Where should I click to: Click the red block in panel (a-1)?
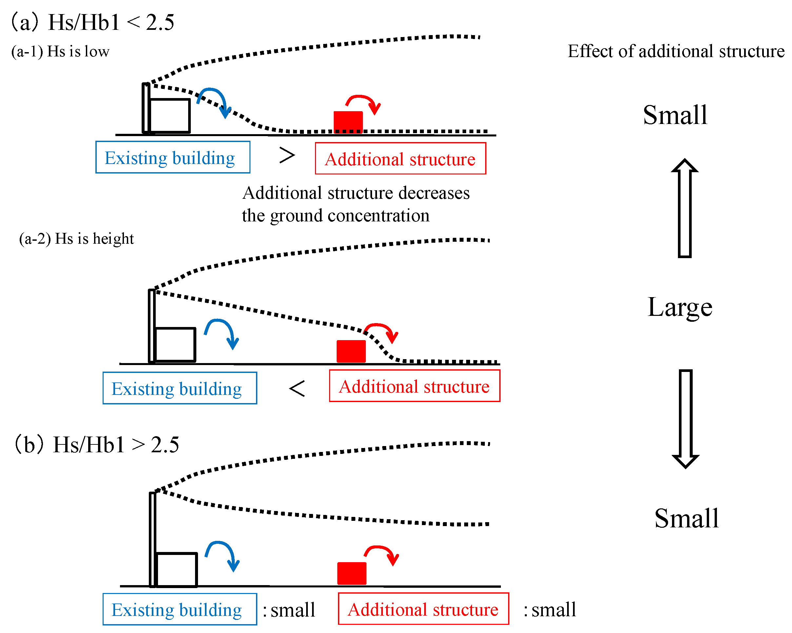348,122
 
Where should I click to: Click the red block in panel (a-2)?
351,351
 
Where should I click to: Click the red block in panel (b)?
351,573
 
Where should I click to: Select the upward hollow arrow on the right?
684,208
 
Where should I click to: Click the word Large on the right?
680,307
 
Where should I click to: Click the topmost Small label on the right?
675,115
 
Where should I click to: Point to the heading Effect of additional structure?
676,51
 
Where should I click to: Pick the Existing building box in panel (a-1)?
173,157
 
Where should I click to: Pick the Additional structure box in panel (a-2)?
414,386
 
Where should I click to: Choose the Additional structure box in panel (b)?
423,609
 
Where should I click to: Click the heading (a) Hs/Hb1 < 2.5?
92,22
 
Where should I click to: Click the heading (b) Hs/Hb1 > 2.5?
96,444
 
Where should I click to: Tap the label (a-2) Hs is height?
76,239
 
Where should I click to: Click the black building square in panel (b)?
177,569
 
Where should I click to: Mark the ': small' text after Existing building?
289,610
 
